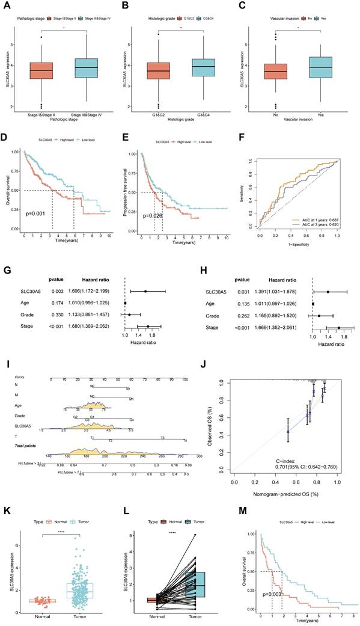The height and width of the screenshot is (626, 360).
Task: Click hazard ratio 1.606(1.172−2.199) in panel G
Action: point(93,290)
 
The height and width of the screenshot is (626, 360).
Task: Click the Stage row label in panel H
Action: point(202,328)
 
